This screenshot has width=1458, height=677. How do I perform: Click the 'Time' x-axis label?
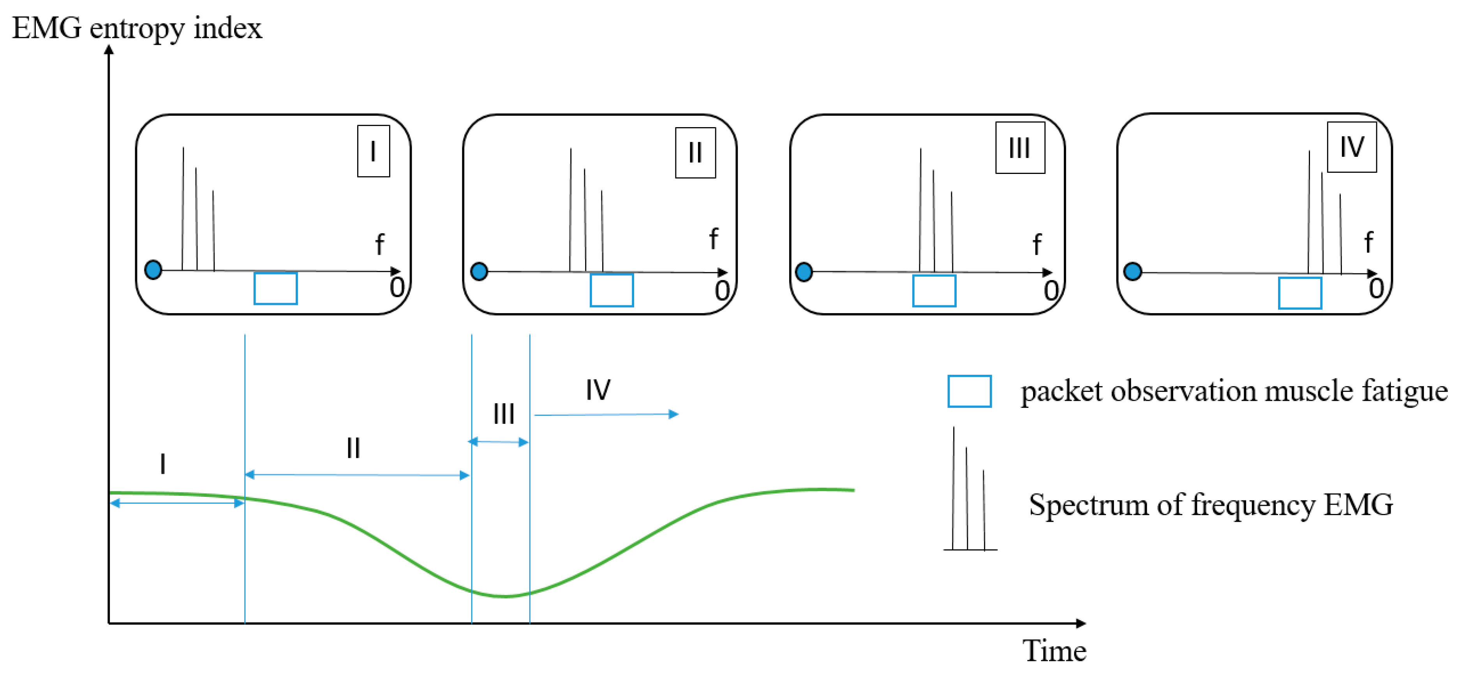point(1054,650)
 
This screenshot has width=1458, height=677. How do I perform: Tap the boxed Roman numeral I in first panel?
point(373,151)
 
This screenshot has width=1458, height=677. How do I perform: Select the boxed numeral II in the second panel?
point(695,153)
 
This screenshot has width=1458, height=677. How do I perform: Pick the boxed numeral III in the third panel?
point(1019,148)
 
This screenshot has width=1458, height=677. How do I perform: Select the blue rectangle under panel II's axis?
point(611,290)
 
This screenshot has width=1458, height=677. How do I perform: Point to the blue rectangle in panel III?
point(934,291)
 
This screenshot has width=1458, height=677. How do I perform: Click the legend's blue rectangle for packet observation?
point(969,391)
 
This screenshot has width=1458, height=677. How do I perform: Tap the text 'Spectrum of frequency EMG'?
point(1211,505)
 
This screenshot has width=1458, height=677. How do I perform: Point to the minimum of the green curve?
point(506,596)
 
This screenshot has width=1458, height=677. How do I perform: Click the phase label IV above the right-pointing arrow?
point(598,390)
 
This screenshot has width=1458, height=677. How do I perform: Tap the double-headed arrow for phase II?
point(356,475)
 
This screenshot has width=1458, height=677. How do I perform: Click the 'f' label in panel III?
point(1036,245)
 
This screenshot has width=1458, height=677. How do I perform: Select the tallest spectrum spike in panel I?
point(183,210)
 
